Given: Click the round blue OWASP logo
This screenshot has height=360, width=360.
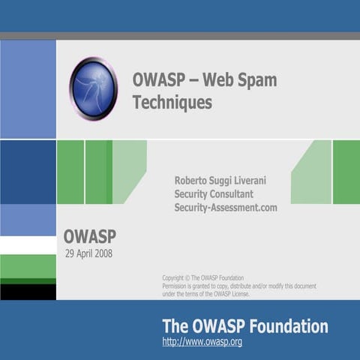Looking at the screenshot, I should click(x=94, y=88).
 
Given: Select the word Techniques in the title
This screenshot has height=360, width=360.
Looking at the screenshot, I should click(x=172, y=103).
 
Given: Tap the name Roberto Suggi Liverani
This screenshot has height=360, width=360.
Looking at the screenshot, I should click(x=225, y=180).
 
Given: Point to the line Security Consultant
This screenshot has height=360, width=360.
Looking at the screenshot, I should click(x=214, y=193).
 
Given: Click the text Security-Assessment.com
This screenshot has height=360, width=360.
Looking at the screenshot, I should click(x=225, y=207).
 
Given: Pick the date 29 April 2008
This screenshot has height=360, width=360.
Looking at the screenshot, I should click(x=89, y=253).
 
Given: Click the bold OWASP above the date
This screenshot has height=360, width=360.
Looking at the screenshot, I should click(x=89, y=237).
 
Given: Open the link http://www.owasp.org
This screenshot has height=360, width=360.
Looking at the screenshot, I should click(x=202, y=342).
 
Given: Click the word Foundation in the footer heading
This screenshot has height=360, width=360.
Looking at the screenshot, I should click(x=292, y=326).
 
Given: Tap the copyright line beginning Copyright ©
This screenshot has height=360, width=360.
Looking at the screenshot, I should click(x=202, y=277).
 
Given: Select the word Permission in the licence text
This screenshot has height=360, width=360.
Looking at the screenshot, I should click(x=178, y=286).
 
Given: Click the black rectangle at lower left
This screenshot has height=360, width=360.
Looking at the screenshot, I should click(x=28, y=292).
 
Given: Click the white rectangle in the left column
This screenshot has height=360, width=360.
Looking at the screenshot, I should click(x=28, y=245).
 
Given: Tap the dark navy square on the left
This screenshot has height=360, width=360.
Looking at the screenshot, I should click(x=28, y=172).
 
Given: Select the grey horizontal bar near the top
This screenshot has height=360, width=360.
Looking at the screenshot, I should click(x=180, y=36).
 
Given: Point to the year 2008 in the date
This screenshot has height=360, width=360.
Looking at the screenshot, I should click(x=103, y=253).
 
